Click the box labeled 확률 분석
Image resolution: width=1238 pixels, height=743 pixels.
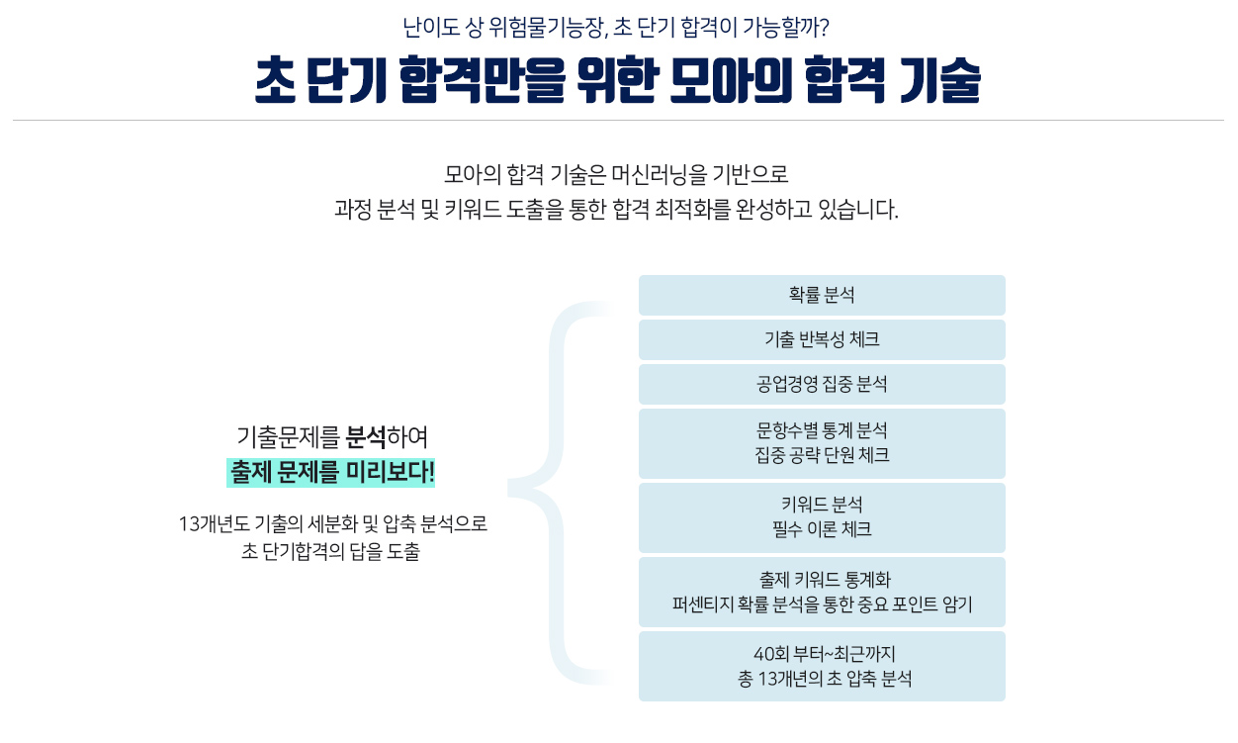822,295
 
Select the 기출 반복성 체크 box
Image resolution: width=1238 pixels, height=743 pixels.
822,339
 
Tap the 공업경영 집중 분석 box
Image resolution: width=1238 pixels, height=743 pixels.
822,384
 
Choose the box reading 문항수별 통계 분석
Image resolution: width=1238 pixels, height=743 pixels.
822,443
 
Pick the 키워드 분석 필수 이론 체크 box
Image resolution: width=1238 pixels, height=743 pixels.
822,517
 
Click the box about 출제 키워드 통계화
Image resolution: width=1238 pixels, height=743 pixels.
822,592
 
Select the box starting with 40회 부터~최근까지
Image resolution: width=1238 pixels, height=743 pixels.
822,666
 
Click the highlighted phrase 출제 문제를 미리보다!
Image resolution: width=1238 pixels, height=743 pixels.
330,473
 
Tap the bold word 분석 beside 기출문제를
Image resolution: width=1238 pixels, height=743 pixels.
366,436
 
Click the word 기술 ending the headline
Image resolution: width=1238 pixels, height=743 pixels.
940,81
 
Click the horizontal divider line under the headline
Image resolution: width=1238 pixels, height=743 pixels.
618,121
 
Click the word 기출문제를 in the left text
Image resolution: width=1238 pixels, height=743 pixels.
289,436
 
